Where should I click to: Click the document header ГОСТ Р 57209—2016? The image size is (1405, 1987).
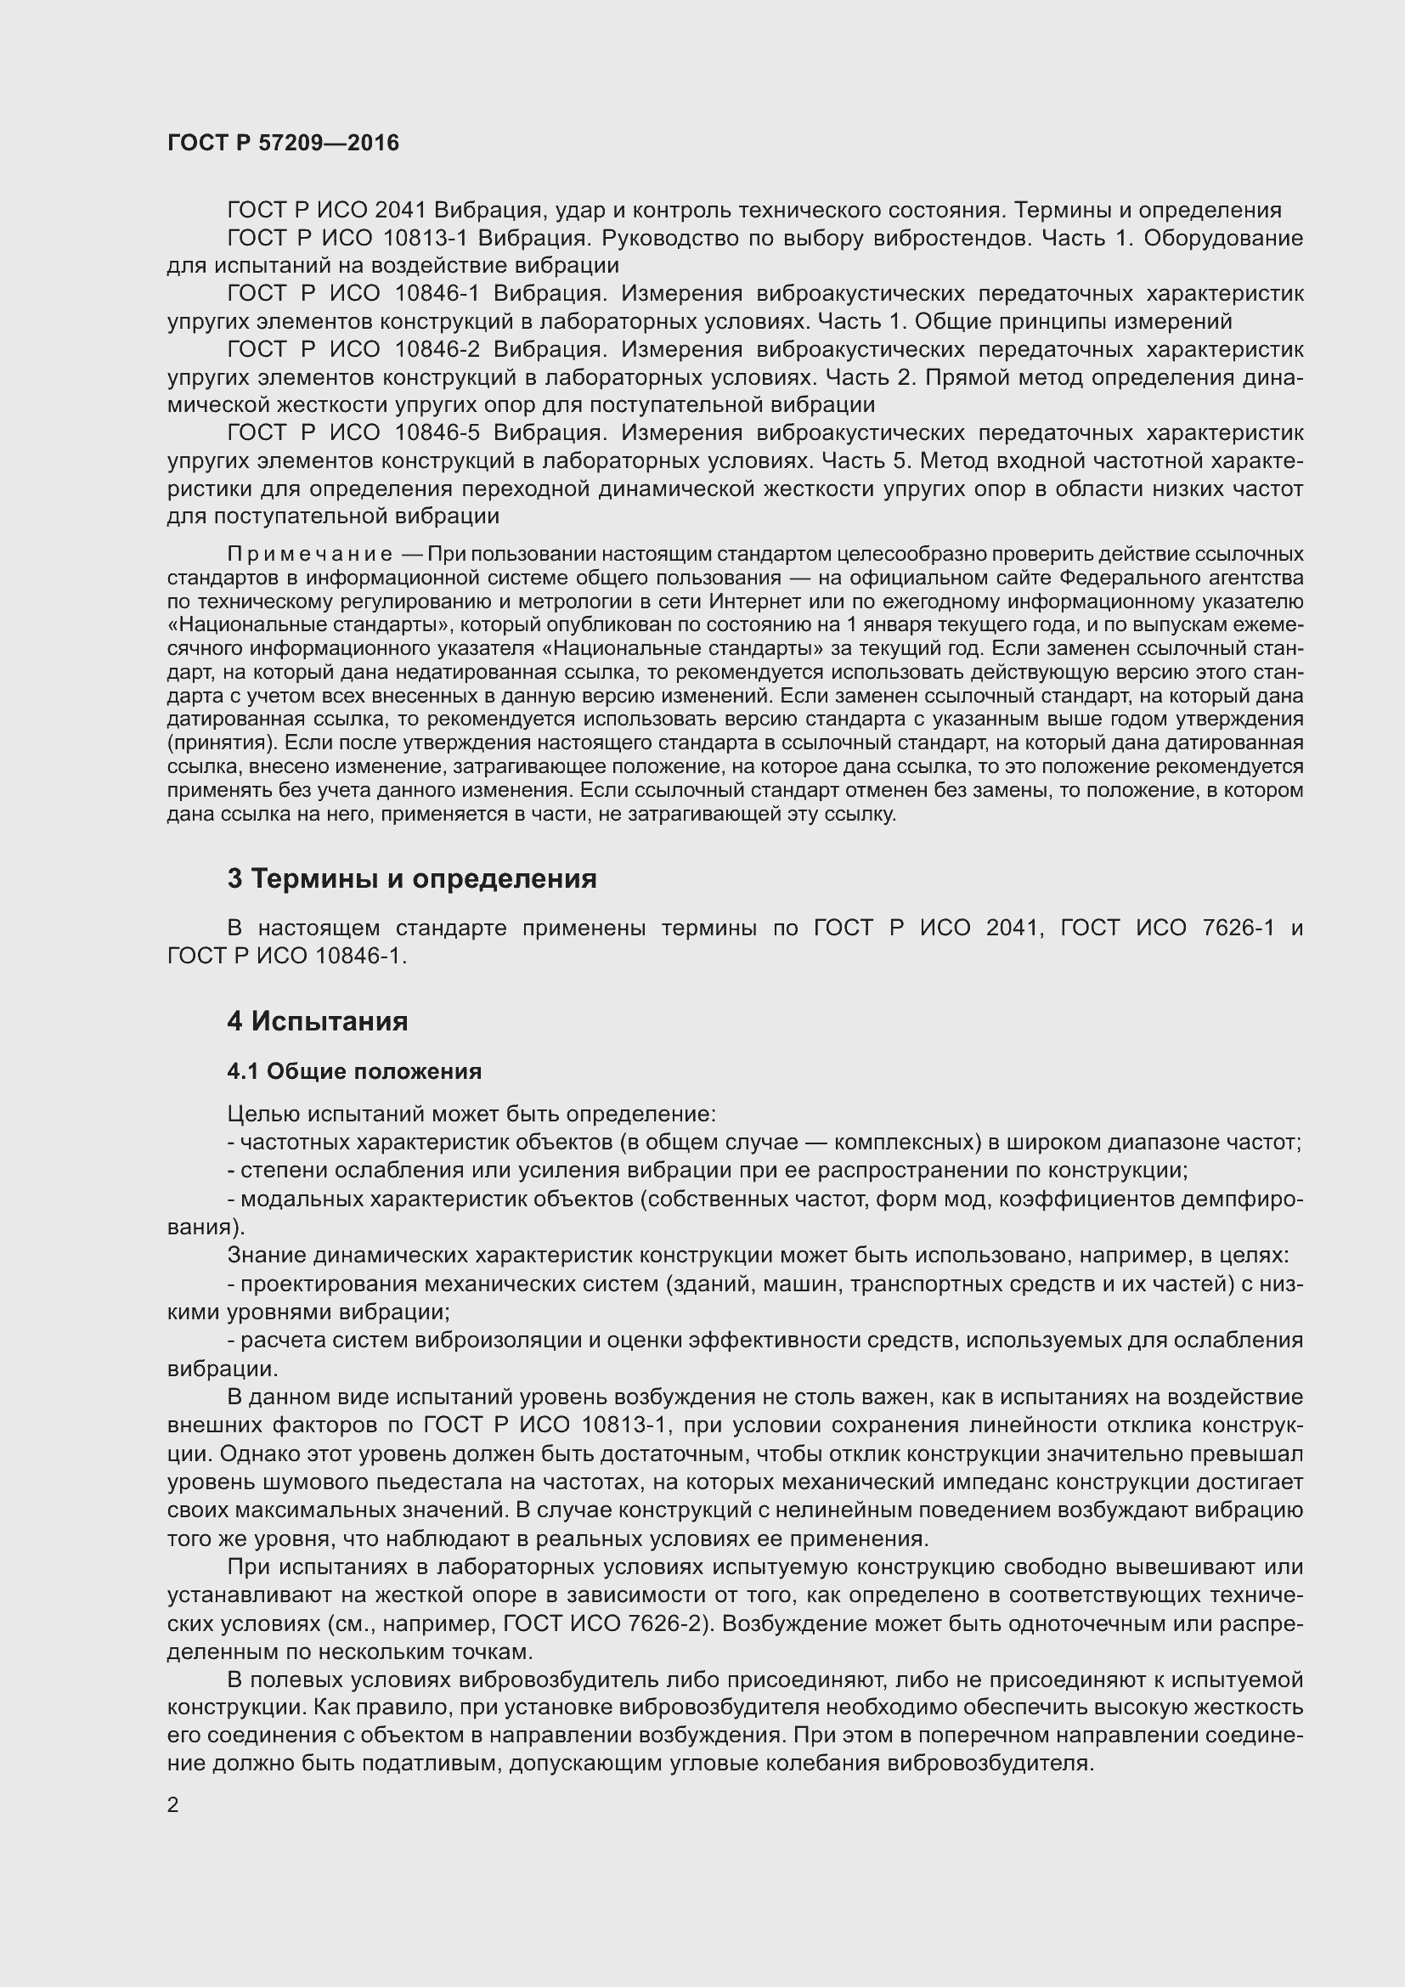283,143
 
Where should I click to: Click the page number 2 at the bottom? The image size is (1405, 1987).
173,1804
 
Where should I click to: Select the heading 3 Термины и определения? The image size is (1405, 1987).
412,878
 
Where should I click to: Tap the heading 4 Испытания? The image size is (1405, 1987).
318,1021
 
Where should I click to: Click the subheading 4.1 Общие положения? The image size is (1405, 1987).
354,1071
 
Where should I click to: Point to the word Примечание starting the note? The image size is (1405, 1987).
310,554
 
